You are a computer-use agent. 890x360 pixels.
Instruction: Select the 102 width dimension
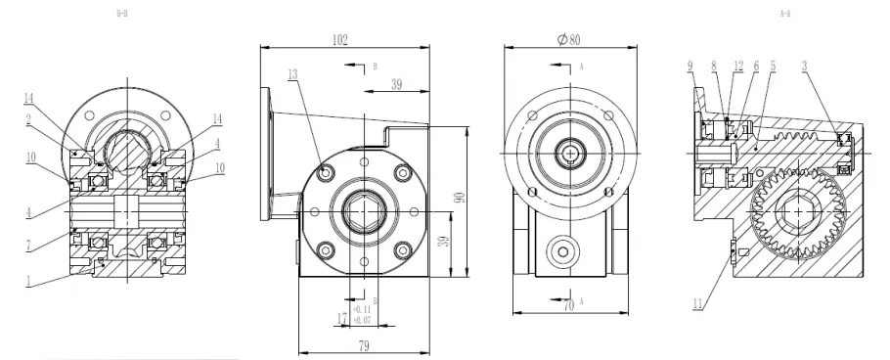[x=340, y=40]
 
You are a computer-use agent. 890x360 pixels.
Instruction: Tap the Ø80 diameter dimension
[x=569, y=40]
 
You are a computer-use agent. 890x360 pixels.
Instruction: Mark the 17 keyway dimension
[x=341, y=318]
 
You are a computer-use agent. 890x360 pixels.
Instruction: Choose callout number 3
[x=803, y=66]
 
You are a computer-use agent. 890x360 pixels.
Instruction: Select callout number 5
[x=773, y=66]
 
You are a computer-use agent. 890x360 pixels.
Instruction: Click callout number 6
[x=755, y=66]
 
